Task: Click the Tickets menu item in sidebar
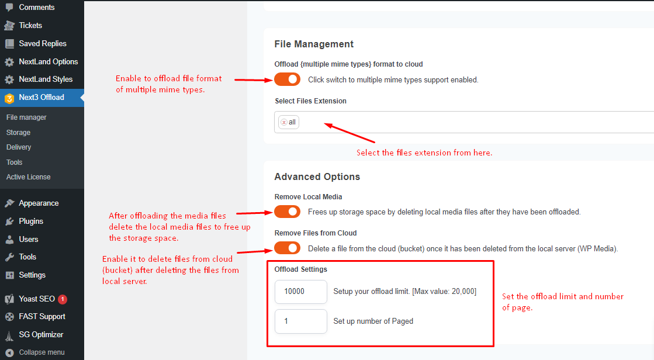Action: tap(30, 26)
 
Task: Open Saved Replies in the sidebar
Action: tap(42, 44)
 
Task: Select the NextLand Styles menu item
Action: tap(46, 79)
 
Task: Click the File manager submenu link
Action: tap(26, 117)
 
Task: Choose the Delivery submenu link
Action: tap(19, 147)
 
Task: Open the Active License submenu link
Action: tap(29, 177)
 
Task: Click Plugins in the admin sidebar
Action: tap(31, 221)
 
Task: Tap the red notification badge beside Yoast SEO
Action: tap(63, 299)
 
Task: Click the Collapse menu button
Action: tap(41, 352)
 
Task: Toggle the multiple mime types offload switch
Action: tap(287, 79)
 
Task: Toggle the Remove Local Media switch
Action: tap(287, 212)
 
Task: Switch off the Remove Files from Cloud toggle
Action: tap(287, 248)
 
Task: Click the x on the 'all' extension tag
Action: tap(284, 122)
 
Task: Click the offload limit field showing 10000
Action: tap(300, 292)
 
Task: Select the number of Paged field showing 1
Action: tap(300, 321)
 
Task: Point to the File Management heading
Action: tap(314, 44)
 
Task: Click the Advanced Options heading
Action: tap(317, 177)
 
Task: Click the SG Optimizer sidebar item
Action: tap(41, 335)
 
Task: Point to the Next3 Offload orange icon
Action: tap(9, 98)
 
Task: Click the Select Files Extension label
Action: tap(310, 101)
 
